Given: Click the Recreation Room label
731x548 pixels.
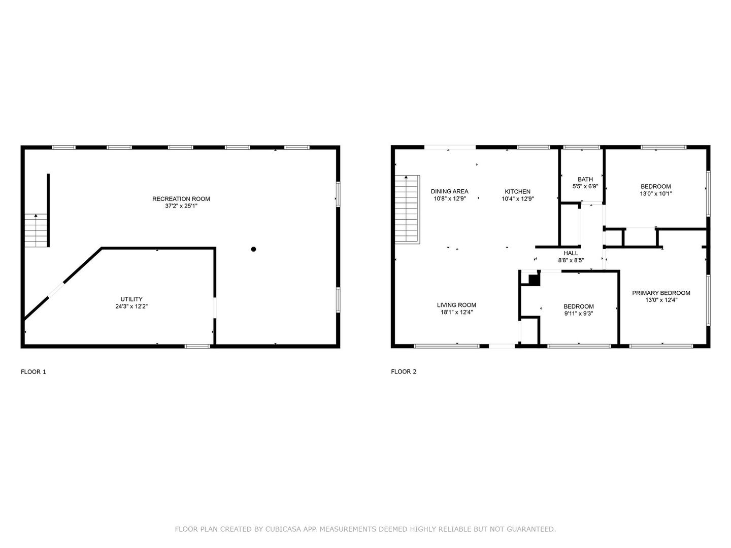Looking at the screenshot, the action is coord(181,198).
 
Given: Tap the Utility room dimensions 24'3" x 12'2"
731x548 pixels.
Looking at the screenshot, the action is coord(131,306).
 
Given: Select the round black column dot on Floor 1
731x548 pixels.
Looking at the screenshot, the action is coord(253,249).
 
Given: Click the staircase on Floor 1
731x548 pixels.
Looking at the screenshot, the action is coord(37,230).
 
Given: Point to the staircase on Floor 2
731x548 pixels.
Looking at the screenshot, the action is coord(407,210).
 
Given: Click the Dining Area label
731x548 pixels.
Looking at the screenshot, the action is coord(449,191).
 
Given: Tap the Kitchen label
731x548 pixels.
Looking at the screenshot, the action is coord(517,191).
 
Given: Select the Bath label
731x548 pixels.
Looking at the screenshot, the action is coord(585,179).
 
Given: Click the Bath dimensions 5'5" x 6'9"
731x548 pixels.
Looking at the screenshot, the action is coord(585,186).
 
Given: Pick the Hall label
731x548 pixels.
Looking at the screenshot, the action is coord(571,253).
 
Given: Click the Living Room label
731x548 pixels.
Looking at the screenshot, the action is coord(456,305).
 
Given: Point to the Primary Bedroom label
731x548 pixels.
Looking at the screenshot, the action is coord(661,293).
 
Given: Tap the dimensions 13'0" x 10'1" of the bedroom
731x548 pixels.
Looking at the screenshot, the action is coord(656,193).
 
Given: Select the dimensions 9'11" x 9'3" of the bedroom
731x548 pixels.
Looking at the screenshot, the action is coord(579,313).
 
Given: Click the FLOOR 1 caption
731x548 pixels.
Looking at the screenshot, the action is coord(34,371).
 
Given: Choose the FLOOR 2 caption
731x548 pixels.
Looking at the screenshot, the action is coord(404,371).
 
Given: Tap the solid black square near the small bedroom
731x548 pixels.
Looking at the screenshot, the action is coord(534,280).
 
